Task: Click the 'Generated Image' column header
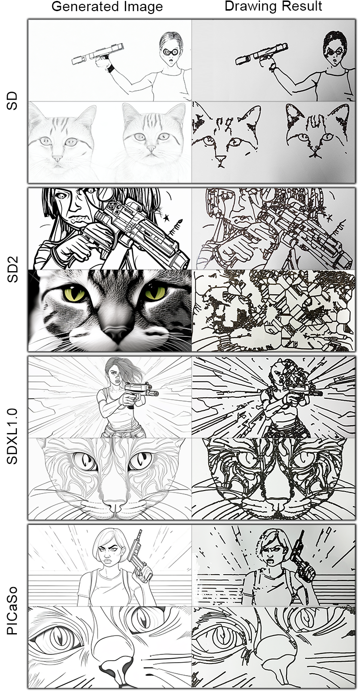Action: click(x=107, y=7)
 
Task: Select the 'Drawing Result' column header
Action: click(x=274, y=7)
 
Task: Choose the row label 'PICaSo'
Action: click(x=13, y=606)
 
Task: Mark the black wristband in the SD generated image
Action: click(x=111, y=68)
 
